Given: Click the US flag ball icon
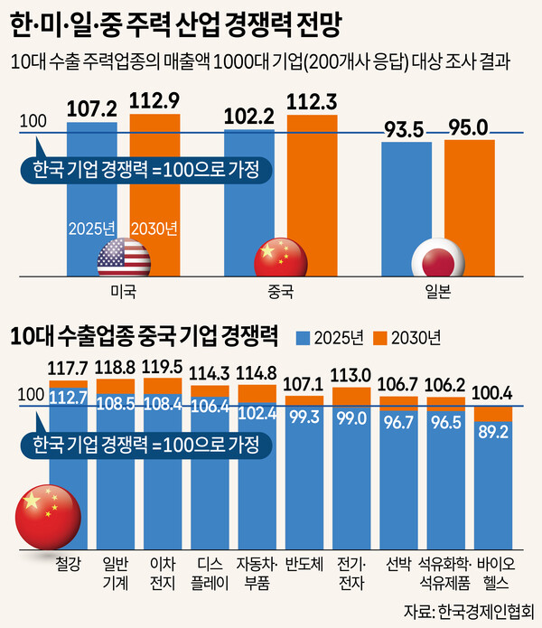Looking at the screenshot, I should tap(123, 258).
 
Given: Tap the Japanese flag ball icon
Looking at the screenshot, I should tap(437, 259).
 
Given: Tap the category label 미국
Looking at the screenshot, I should tap(124, 293).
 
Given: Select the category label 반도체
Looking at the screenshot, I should tap(304, 567).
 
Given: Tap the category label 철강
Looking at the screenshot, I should tap(69, 567).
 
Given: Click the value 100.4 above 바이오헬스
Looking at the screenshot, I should tap(493, 393).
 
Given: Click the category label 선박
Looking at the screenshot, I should tap(397, 567).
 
